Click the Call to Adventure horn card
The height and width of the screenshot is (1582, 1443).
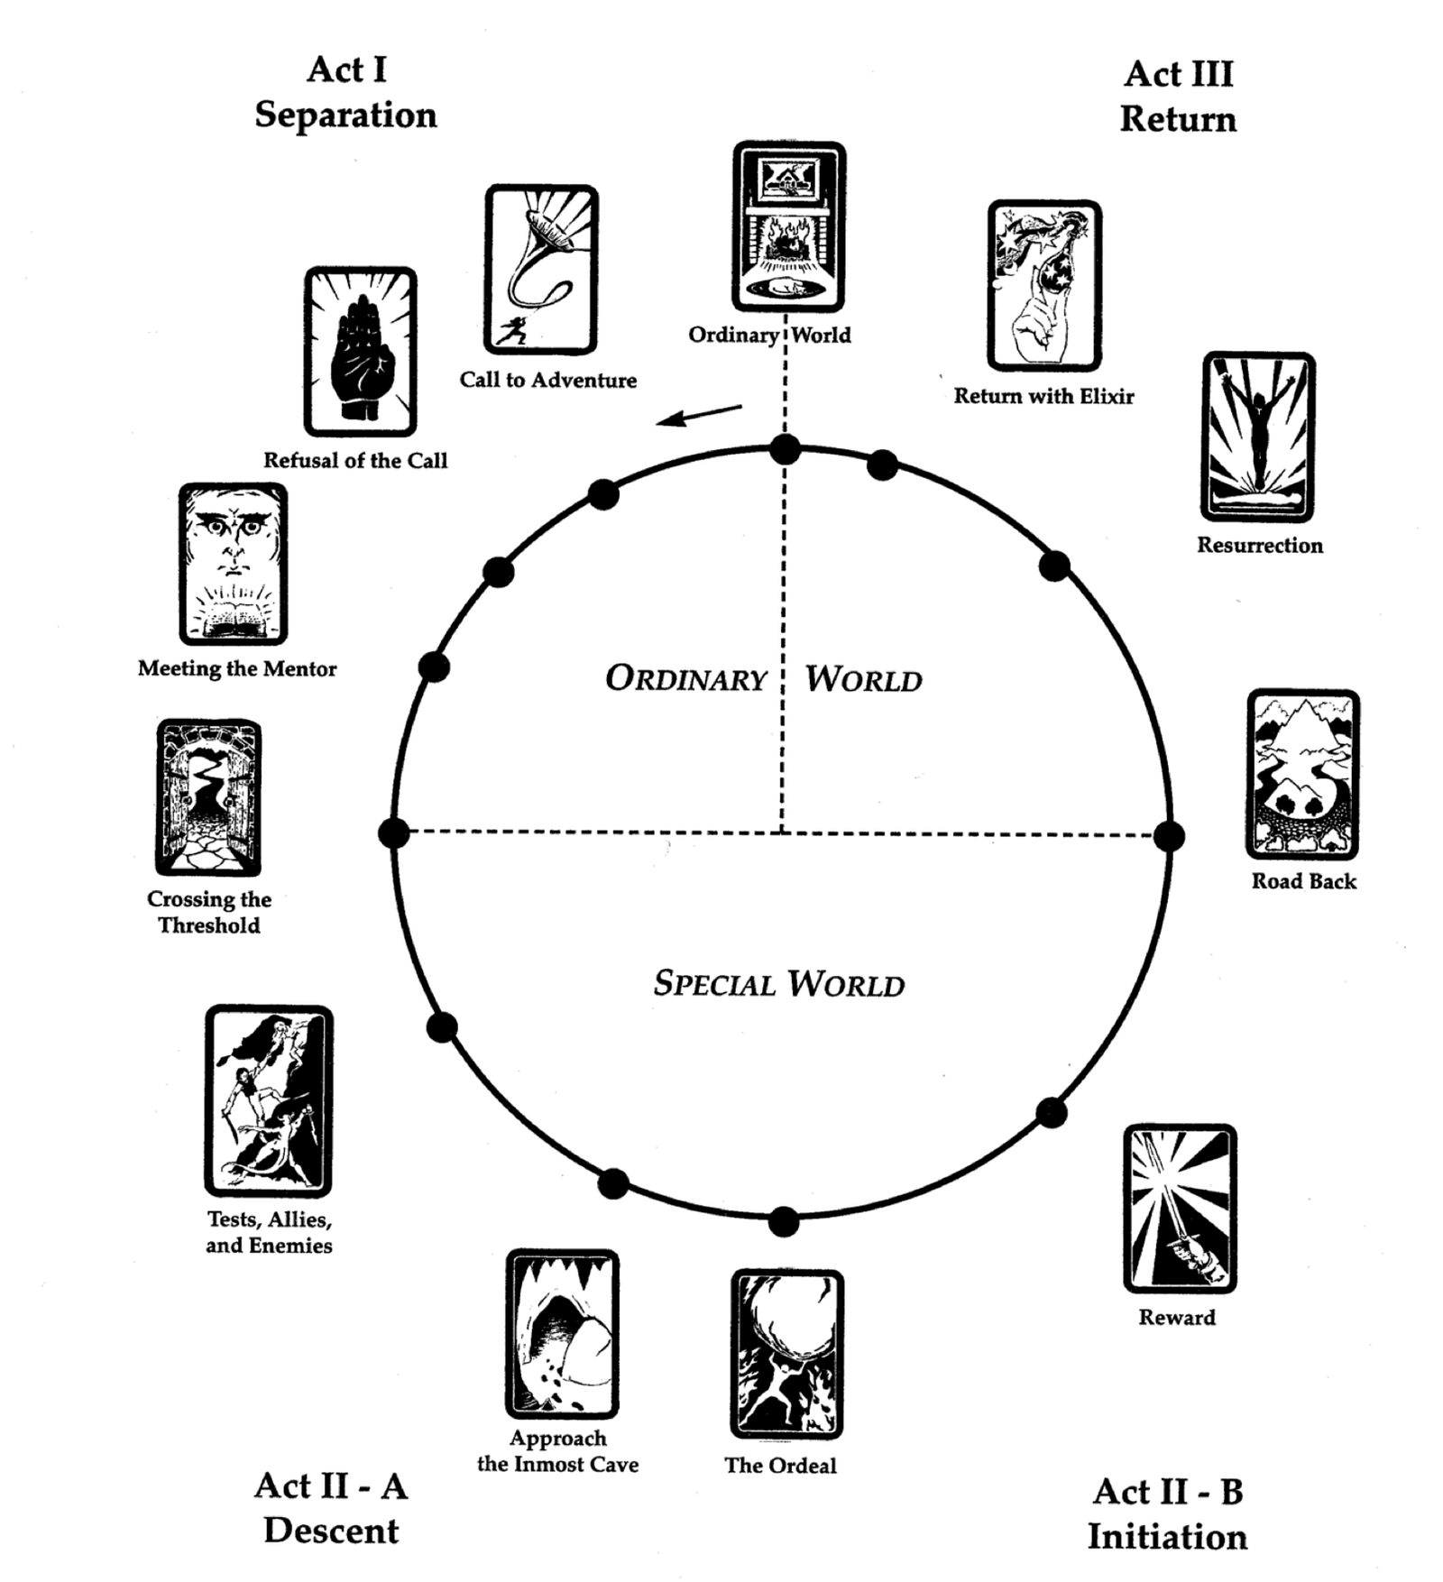click(x=541, y=270)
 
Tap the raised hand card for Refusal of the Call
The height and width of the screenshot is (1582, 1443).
click(x=360, y=351)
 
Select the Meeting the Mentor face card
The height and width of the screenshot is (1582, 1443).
click(x=233, y=564)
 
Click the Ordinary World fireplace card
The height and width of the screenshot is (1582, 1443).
click(x=789, y=226)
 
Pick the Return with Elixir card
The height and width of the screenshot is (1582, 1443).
click(x=1044, y=285)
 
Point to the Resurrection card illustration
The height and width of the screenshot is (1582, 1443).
click(x=1258, y=437)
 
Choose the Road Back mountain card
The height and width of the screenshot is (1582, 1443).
click(x=1303, y=775)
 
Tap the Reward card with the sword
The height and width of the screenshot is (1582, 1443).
click(x=1180, y=1208)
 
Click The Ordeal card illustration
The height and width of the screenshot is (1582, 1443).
click(x=786, y=1354)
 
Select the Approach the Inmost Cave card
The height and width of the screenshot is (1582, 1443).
click(x=562, y=1333)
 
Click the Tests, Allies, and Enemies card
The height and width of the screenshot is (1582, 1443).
click(x=269, y=1100)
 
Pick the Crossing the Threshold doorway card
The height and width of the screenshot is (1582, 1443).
click(x=208, y=797)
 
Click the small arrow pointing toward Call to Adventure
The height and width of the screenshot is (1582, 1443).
click(x=699, y=416)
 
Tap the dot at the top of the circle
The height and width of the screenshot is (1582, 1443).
click(x=785, y=448)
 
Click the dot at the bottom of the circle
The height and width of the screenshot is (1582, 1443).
click(x=783, y=1222)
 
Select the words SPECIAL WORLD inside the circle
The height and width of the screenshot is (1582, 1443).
click(x=779, y=983)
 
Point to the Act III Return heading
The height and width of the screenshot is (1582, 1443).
click(x=1178, y=97)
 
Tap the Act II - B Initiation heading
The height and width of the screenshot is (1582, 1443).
click(x=1167, y=1513)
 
